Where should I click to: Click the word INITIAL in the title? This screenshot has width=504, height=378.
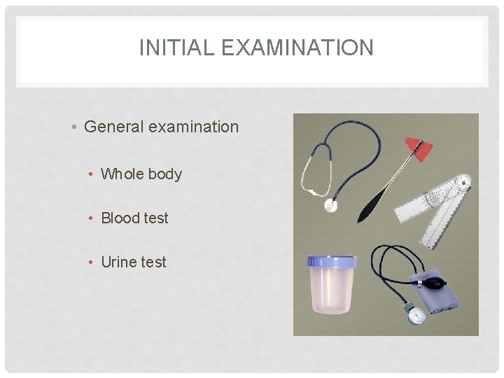[x=169, y=48]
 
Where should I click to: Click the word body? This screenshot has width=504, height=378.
[x=165, y=174]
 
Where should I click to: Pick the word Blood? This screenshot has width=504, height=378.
[x=120, y=218]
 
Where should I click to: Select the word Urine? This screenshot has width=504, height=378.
[x=118, y=262]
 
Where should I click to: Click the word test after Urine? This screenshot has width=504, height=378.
[x=153, y=262]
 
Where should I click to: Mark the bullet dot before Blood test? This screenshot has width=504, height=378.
[x=92, y=218]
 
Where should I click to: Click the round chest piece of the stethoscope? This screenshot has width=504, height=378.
[x=330, y=205]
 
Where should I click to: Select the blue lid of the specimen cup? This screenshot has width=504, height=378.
[x=332, y=262]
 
